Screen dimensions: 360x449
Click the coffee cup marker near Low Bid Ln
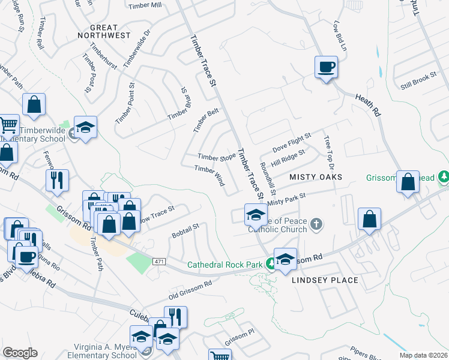[x=326, y=67]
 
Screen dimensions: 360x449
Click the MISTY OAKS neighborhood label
[x=316, y=177]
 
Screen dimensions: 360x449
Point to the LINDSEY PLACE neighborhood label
[x=325, y=280]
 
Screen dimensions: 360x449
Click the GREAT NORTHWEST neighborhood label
[x=104, y=31]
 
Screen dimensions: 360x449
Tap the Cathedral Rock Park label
[x=225, y=264]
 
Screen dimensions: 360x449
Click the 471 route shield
[x=159, y=262]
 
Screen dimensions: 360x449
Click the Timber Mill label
[x=145, y=5]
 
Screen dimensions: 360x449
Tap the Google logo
[x=20, y=352]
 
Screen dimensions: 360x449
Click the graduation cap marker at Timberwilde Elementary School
[x=85, y=127]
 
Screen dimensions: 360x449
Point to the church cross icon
[x=317, y=225]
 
